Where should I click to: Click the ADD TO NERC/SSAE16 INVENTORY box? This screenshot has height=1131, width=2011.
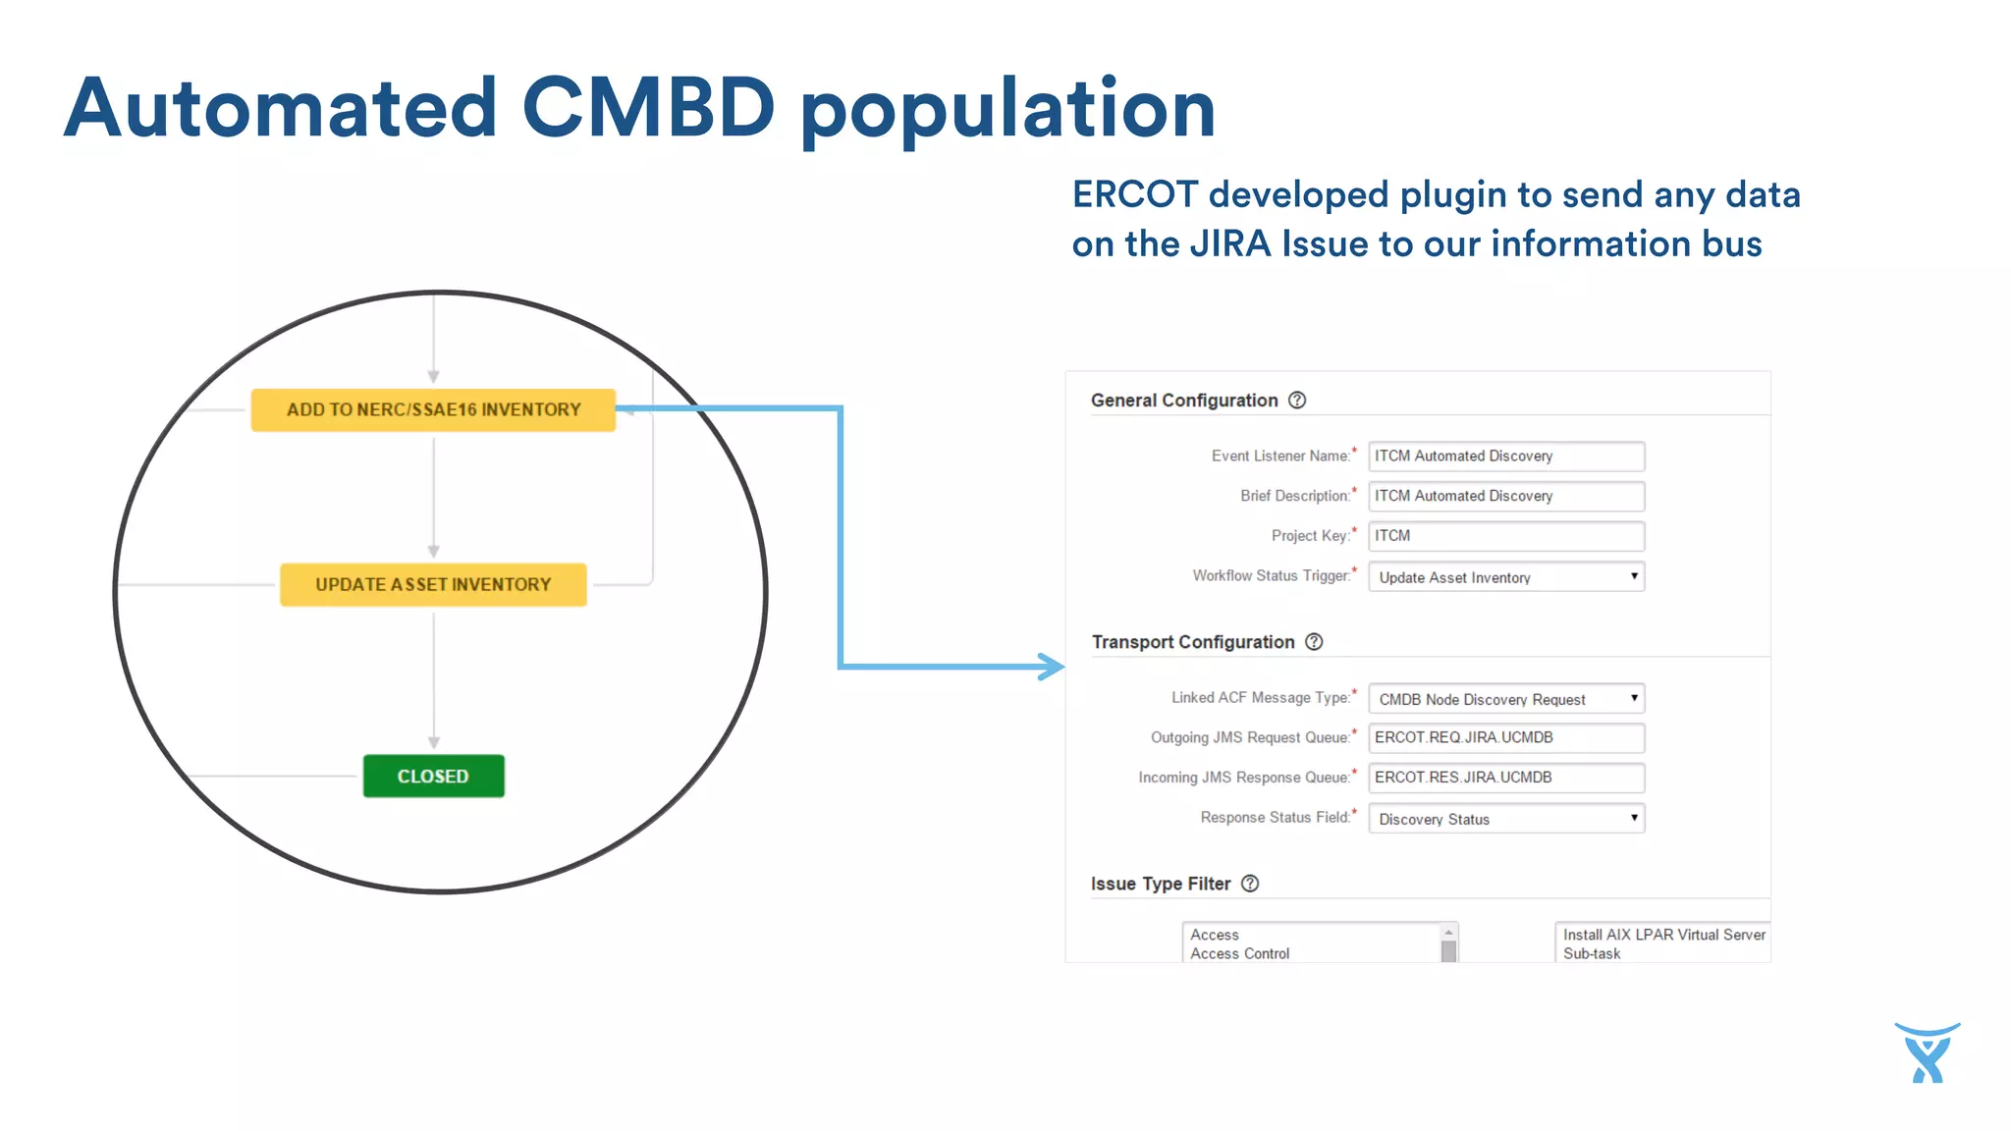(x=433, y=410)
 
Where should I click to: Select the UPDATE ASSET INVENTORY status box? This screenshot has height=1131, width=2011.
(x=433, y=585)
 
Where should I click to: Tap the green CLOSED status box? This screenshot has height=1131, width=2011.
(x=433, y=777)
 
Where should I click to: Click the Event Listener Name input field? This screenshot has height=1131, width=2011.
(x=1505, y=457)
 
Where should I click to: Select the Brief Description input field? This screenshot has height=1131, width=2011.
(x=1505, y=497)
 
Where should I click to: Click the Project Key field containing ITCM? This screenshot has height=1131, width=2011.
(x=1505, y=536)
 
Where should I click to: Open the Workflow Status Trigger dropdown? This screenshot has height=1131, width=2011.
(x=1505, y=577)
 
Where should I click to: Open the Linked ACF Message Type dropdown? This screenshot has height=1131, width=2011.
(x=1505, y=699)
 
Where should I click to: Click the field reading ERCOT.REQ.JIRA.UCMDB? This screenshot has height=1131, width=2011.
(x=1505, y=738)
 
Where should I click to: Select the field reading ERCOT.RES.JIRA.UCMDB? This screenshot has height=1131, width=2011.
(x=1505, y=778)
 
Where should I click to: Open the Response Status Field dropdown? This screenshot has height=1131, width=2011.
(x=1505, y=819)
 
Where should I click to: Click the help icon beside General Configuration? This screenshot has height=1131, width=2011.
(x=1297, y=401)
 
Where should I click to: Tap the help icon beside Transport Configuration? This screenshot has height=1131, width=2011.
(x=1314, y=642)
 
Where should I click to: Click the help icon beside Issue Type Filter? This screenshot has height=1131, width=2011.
(x=1250, y=884)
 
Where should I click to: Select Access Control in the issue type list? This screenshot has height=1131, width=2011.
(x=1239, y=953)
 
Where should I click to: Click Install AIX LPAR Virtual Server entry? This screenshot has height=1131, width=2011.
(x=1663, y=935)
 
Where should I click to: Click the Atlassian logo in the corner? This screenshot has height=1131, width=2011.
(x=1928, y=1053)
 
